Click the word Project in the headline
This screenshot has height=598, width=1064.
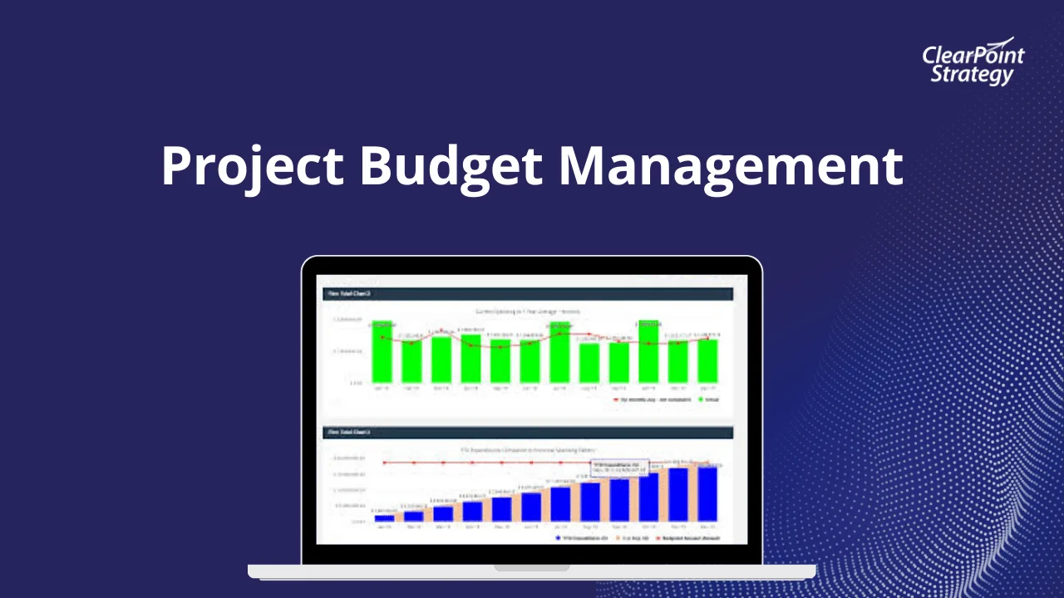tap(251, 165)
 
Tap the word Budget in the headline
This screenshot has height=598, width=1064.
tap(449, 165)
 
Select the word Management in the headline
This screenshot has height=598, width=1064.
tap(730, 165)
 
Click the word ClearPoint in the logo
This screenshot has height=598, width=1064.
tap(973, 56)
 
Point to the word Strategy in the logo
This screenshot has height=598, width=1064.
tap(971, 75)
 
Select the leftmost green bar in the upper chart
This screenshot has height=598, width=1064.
tap(382, 352)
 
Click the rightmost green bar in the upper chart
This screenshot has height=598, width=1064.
tap(707, 360)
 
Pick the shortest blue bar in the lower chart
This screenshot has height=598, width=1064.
tap(384, 517)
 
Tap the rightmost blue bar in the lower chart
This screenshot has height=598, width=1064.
tap(707, 493)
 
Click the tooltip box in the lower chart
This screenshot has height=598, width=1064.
tap(619, 468)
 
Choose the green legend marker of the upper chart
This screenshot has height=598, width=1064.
tap(699, 399)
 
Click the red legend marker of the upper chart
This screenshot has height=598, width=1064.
tap(616, 399)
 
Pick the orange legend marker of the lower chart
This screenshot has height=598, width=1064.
tap(616, 537)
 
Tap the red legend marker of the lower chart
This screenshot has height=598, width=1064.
tap(658, 537)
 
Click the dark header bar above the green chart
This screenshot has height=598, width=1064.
tap(527, 294)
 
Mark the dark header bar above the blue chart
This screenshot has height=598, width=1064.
tap(527, 433)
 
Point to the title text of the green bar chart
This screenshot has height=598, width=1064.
tap(527, 311)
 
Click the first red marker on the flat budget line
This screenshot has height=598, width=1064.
tap(384, 463)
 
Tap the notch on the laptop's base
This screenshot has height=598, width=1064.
tap(532, 568)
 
